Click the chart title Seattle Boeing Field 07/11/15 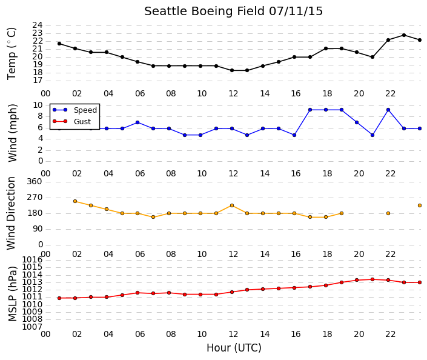[x=233, y=12]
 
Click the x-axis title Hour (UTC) [x=234, y=348]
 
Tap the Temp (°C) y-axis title [x=12, y=53]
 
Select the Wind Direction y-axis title [x=11, y=213]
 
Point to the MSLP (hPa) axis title [x=13, y=293]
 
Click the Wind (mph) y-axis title [x=13, y=133]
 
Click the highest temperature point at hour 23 [x=404, y=35]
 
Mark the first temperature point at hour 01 [x=59, y=44]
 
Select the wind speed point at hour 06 [x=137, y=122]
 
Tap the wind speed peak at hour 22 [x=388, y=110]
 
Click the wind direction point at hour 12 [x=232, y=205]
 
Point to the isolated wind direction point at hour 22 [x=388, y=213]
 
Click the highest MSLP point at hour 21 [x=372, y=279]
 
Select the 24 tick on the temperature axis [x=38, y=25]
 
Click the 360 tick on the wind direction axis [x=35, y=181]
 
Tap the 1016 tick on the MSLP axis [x=33, y=259]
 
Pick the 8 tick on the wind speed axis [x=41, y=116]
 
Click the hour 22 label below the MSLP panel [x=390, y=334]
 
